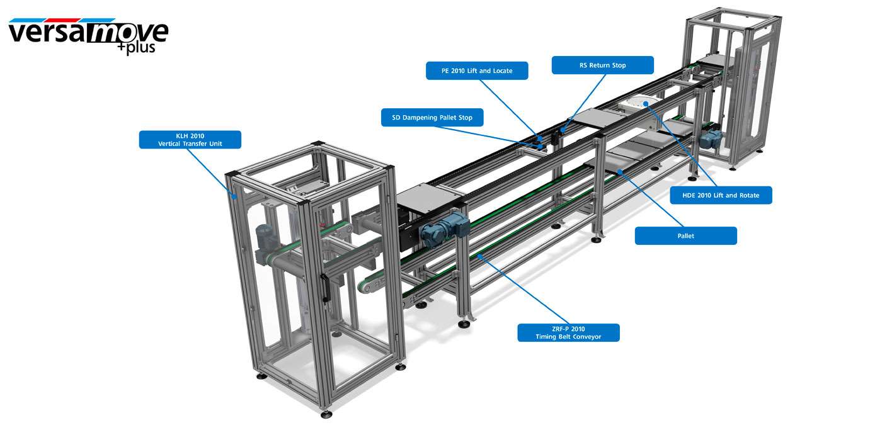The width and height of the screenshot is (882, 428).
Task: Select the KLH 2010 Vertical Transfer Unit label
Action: tap(190, 140)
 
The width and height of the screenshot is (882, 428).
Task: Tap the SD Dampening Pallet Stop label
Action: tap(432, 117)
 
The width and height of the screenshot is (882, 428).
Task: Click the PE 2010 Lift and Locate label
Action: tap(477, 70)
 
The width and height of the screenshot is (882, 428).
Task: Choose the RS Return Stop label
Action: tap(603, 65)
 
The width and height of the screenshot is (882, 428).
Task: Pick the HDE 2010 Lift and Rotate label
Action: tap(721, 195)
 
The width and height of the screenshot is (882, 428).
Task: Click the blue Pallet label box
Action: tap(686, 235)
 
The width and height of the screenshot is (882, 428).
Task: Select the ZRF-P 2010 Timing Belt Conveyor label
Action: tap(568, 333)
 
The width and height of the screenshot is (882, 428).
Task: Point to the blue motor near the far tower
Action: tap(711, 138)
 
